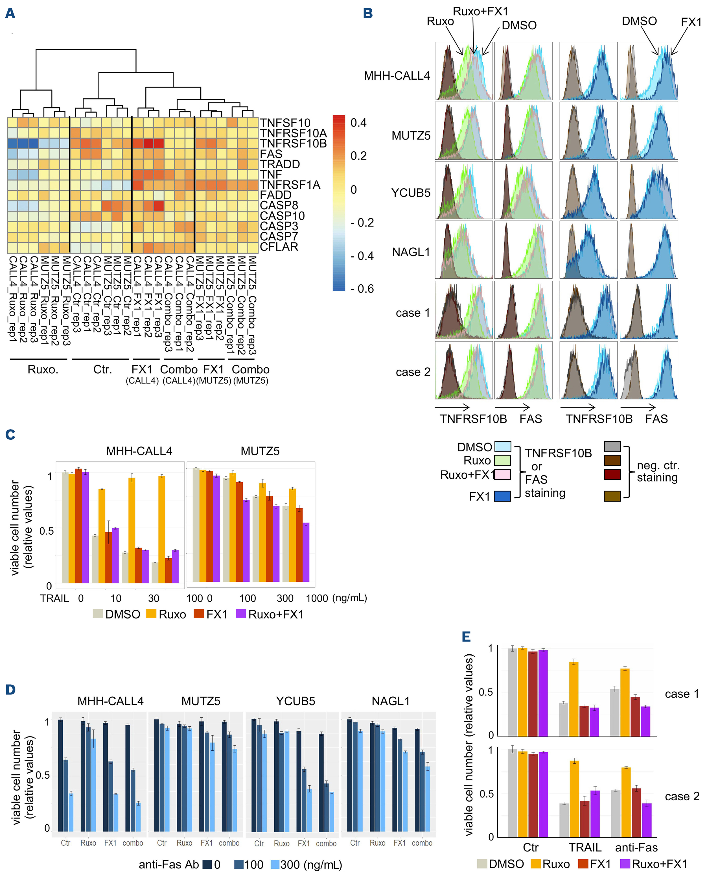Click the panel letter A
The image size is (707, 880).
pos(10,14)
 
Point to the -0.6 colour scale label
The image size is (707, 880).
pos(362,289)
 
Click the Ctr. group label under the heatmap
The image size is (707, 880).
pos(102,369)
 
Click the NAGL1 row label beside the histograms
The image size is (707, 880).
pos(411,252)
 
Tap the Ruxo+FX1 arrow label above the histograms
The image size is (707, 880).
pos(480,11)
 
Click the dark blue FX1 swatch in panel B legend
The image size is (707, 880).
pos(502,496)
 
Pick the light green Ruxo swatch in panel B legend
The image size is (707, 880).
pos(502,460)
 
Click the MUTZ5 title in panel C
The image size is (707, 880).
pos(260,451)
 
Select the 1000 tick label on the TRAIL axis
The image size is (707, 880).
pos(317,598)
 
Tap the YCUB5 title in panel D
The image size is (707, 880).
pos(296,701)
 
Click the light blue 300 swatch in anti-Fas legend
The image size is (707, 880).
pos(275,864)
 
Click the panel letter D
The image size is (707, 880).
pos(10,690)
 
